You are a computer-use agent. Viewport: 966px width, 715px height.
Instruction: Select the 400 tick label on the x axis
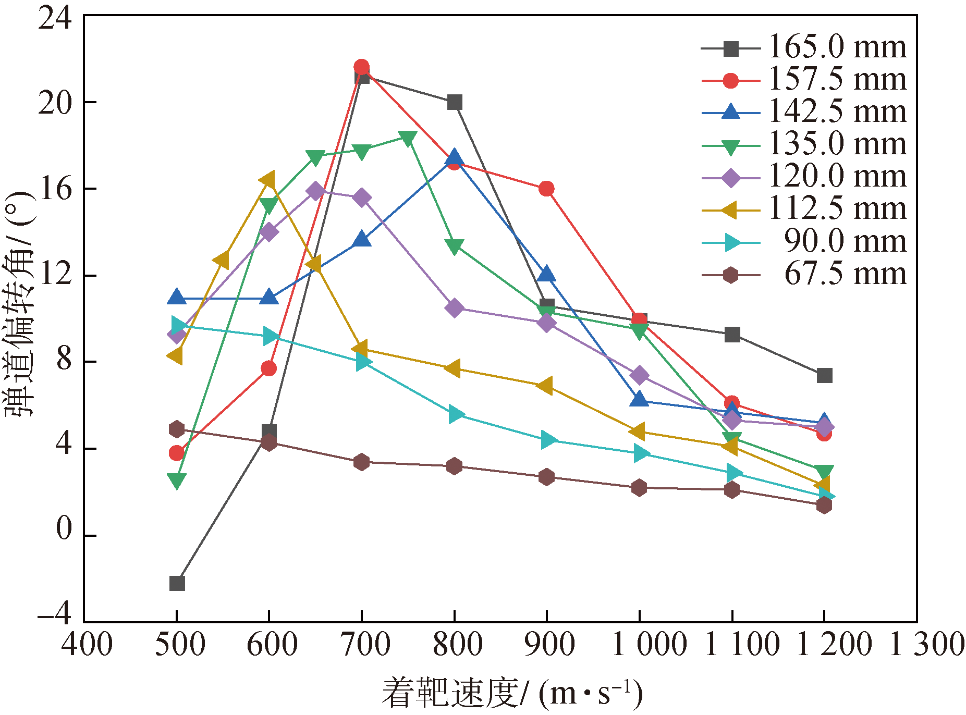click(x=87, y=644)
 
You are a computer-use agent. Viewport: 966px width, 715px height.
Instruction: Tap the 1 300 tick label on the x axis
click(x=926, y=644)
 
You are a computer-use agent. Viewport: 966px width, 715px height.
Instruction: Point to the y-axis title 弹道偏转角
click(x=19, y=305)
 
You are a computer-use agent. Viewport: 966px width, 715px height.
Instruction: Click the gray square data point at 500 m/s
click(x=177, y=583)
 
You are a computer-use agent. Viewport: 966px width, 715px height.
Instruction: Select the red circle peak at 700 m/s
click(x=361, y=67)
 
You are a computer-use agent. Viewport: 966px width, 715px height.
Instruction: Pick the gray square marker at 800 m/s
click(x=455, y=103)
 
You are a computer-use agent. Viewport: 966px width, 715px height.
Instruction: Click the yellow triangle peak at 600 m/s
click(x=268, y=180)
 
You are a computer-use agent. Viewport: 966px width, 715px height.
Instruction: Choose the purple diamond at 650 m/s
click(x=315, y=191)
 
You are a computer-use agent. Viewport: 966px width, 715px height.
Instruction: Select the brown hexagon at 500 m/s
click(x=177, y=429)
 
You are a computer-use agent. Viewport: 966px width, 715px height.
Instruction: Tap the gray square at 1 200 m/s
click(x=824, y=375)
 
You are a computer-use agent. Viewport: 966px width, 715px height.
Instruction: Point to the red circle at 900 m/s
click(x=546, y=189)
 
